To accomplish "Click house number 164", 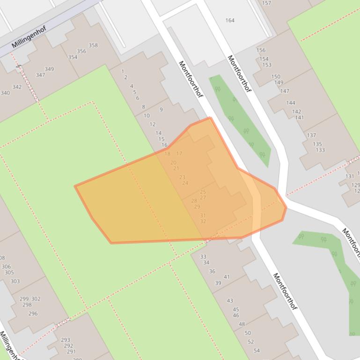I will coord(230,20).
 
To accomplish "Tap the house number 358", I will coord(93,45).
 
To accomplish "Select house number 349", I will coord(49,69).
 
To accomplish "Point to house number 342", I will coord(17,87).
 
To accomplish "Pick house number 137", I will coord(311,135).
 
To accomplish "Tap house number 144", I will coord(291,103).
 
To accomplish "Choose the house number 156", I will coord(261,50).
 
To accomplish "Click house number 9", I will coord(161,110).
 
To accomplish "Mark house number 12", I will coord(153,124).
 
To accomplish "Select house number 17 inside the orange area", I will coord(179,153).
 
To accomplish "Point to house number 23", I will coord(182,177).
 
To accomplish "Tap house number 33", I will coord(203,257).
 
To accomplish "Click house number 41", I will coord(227,277).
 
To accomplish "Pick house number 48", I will coord(242,324).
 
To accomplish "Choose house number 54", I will coord(257,350).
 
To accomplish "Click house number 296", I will coord(33,314).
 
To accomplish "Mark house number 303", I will coord(15,281).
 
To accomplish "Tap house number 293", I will coord(66,340).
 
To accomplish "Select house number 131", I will coord(350,176).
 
